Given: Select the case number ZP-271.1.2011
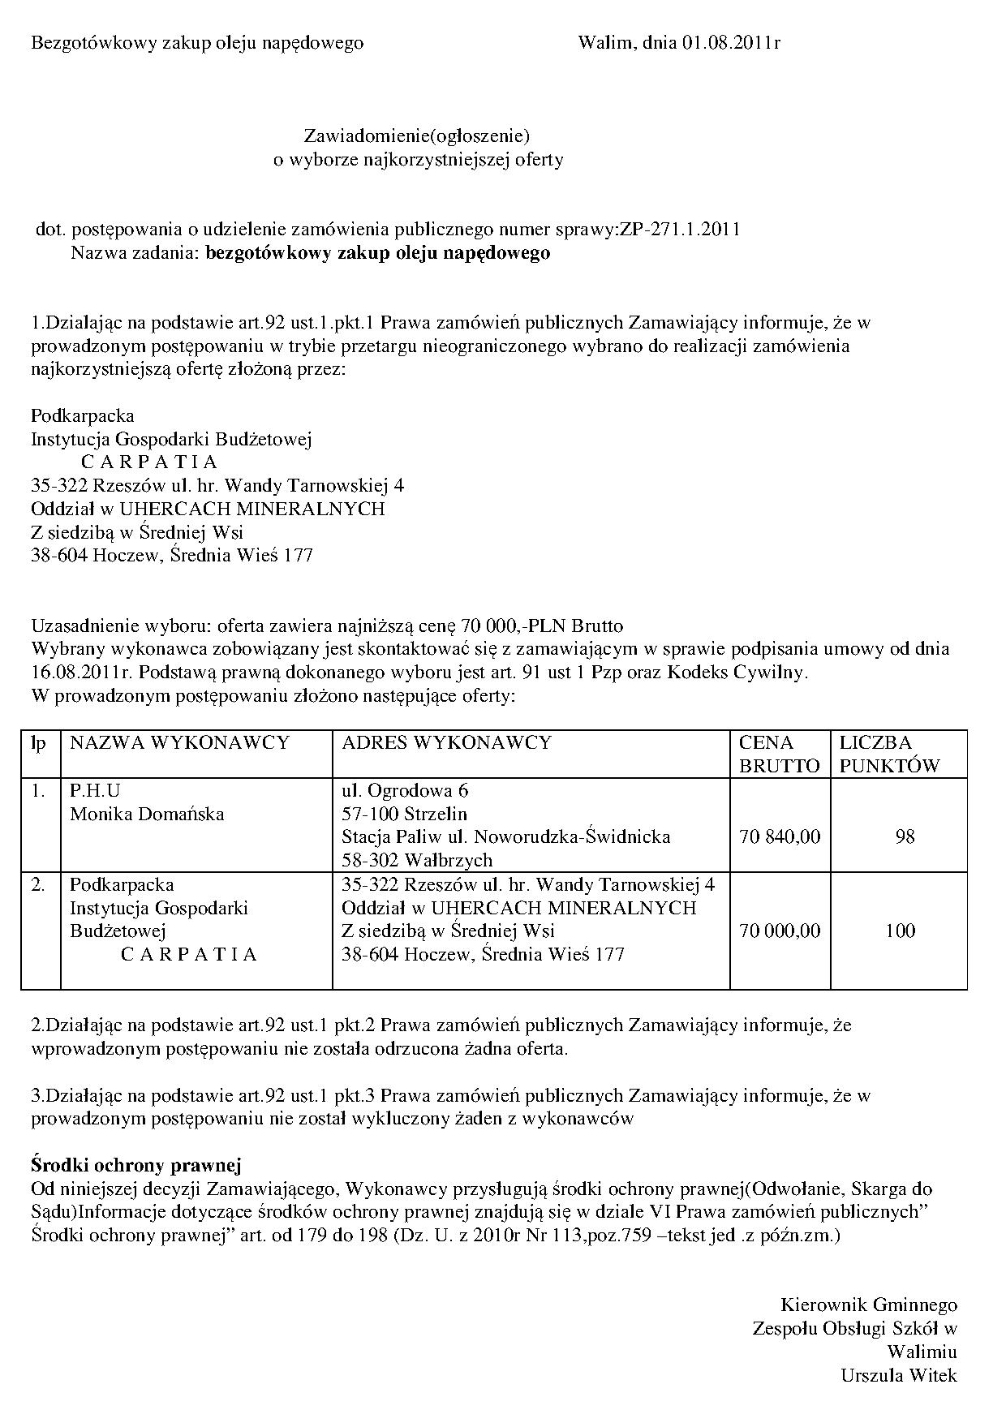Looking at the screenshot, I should coord(680,230).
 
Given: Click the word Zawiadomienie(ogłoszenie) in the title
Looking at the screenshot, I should coord(417,135).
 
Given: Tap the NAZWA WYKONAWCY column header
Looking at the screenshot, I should coord(179,742).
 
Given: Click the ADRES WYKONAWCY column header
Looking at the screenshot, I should coord(446,742).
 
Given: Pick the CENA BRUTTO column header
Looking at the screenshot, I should coord(779,754).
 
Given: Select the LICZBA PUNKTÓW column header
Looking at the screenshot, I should coord(889,754).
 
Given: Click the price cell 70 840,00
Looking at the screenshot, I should coord(780,836).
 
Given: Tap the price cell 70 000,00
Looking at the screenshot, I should coord(780,931).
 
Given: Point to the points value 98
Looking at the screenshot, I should coord(905,836).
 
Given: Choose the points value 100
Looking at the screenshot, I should coord(900,931).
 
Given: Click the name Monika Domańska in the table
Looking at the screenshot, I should coord(147,814).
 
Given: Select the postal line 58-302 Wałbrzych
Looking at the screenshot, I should coord(417,860).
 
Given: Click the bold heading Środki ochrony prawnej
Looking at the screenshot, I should coord(136,1166).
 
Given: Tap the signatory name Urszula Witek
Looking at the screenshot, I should coord(899,1375).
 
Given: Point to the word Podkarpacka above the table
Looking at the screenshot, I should coord(82,415).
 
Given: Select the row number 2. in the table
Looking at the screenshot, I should coord(38,884).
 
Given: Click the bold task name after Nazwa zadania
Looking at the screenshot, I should coord(378,253).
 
